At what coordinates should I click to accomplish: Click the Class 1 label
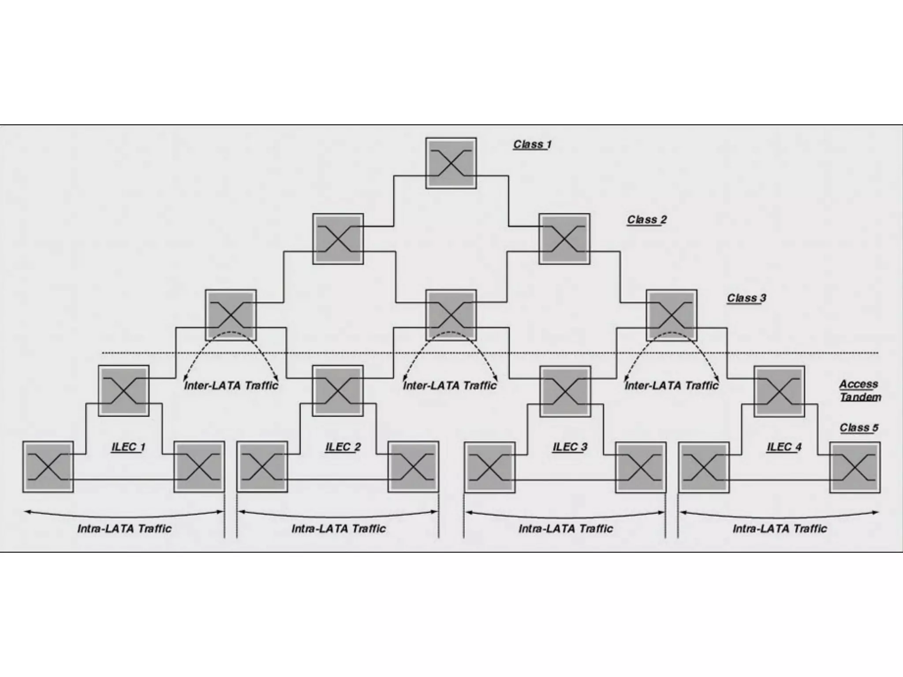click(532, 145)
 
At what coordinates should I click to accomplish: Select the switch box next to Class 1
click(451, 163)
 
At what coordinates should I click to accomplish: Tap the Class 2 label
click(647, 219)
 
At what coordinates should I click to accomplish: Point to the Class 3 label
click(746, 298)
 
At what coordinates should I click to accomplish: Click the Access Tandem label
click(860, 391)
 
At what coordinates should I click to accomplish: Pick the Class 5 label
click(858, 428)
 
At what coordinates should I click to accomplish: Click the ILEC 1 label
click(128, 447)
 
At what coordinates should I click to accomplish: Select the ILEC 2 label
click(343, 447)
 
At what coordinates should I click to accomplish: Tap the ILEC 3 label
click(570, 447)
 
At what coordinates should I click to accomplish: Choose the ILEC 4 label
click(784, 447)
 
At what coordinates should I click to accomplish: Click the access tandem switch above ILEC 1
click(123, 391)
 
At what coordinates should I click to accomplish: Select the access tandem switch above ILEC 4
click(779, 391)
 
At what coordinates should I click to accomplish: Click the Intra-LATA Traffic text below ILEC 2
click(339, 528)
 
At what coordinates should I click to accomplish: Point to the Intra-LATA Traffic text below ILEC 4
click(780, 528)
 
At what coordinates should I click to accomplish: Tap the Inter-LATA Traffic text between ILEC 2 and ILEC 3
click(450, 386)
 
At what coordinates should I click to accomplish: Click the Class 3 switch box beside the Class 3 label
click(672, 315)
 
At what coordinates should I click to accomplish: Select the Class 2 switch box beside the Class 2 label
click(564, 239)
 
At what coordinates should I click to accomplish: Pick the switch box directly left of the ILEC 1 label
click(48, 467)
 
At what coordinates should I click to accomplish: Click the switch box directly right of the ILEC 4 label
click(855, 467)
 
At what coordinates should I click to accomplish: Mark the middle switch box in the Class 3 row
click(451, 315)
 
